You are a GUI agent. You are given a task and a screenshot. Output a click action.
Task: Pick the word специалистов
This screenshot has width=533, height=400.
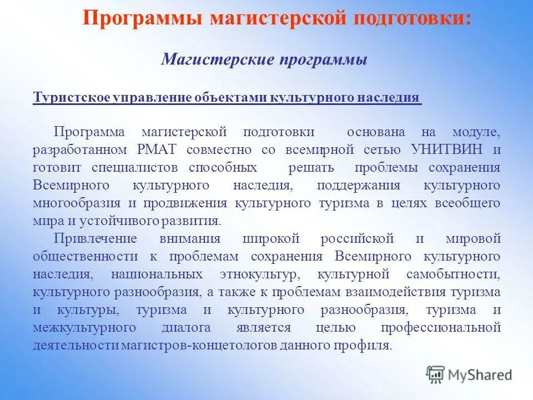point(133,168)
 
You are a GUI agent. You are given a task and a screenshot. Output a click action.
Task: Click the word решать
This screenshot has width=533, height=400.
point(311,168)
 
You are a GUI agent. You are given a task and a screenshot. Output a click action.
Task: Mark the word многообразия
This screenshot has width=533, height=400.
point(69,203)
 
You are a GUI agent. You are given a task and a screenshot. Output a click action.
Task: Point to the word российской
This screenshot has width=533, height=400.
point(358,239)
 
